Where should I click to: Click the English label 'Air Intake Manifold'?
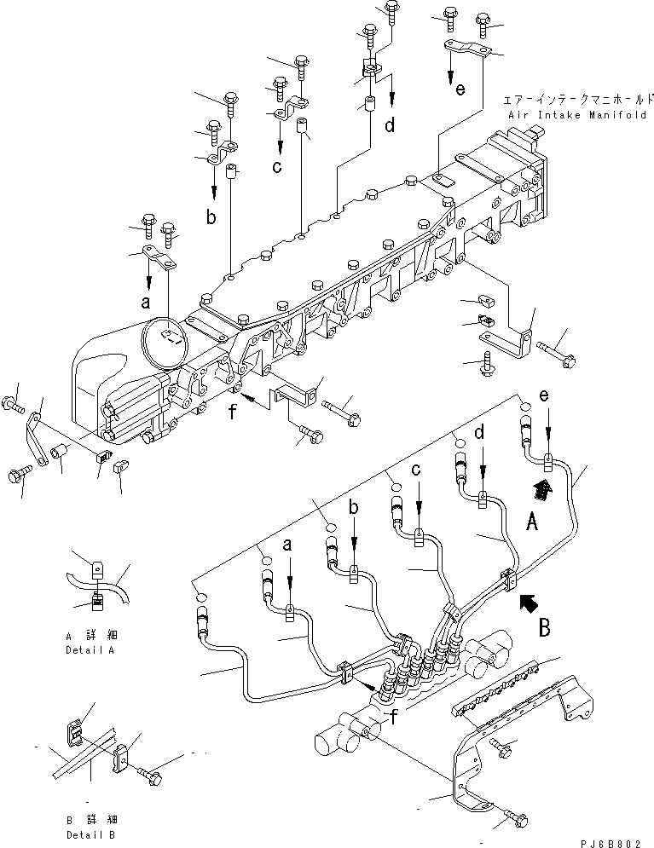(577, 115)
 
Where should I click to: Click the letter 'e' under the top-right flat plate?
(460, 90)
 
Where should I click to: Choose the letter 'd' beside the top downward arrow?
(389, 125)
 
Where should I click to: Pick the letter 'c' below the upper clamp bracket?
(276, 167)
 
